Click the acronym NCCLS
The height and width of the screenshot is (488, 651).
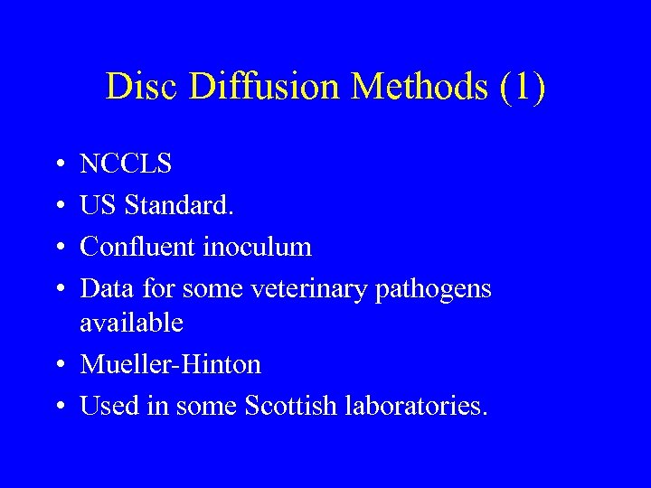[127, 164]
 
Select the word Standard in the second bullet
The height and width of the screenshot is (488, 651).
[179, 205]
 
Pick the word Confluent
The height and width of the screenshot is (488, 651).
[137, 247]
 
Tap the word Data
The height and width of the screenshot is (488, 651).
[106, 288]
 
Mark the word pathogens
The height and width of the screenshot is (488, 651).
[440, 290]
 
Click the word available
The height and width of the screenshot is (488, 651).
[131, 322]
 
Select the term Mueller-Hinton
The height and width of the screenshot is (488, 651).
[171, 364]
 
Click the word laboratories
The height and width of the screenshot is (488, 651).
[416, 406]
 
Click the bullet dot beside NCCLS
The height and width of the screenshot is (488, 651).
[57, 165]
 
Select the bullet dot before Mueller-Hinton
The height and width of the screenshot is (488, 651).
[57, 365]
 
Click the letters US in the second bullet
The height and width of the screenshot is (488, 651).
[98, 205]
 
